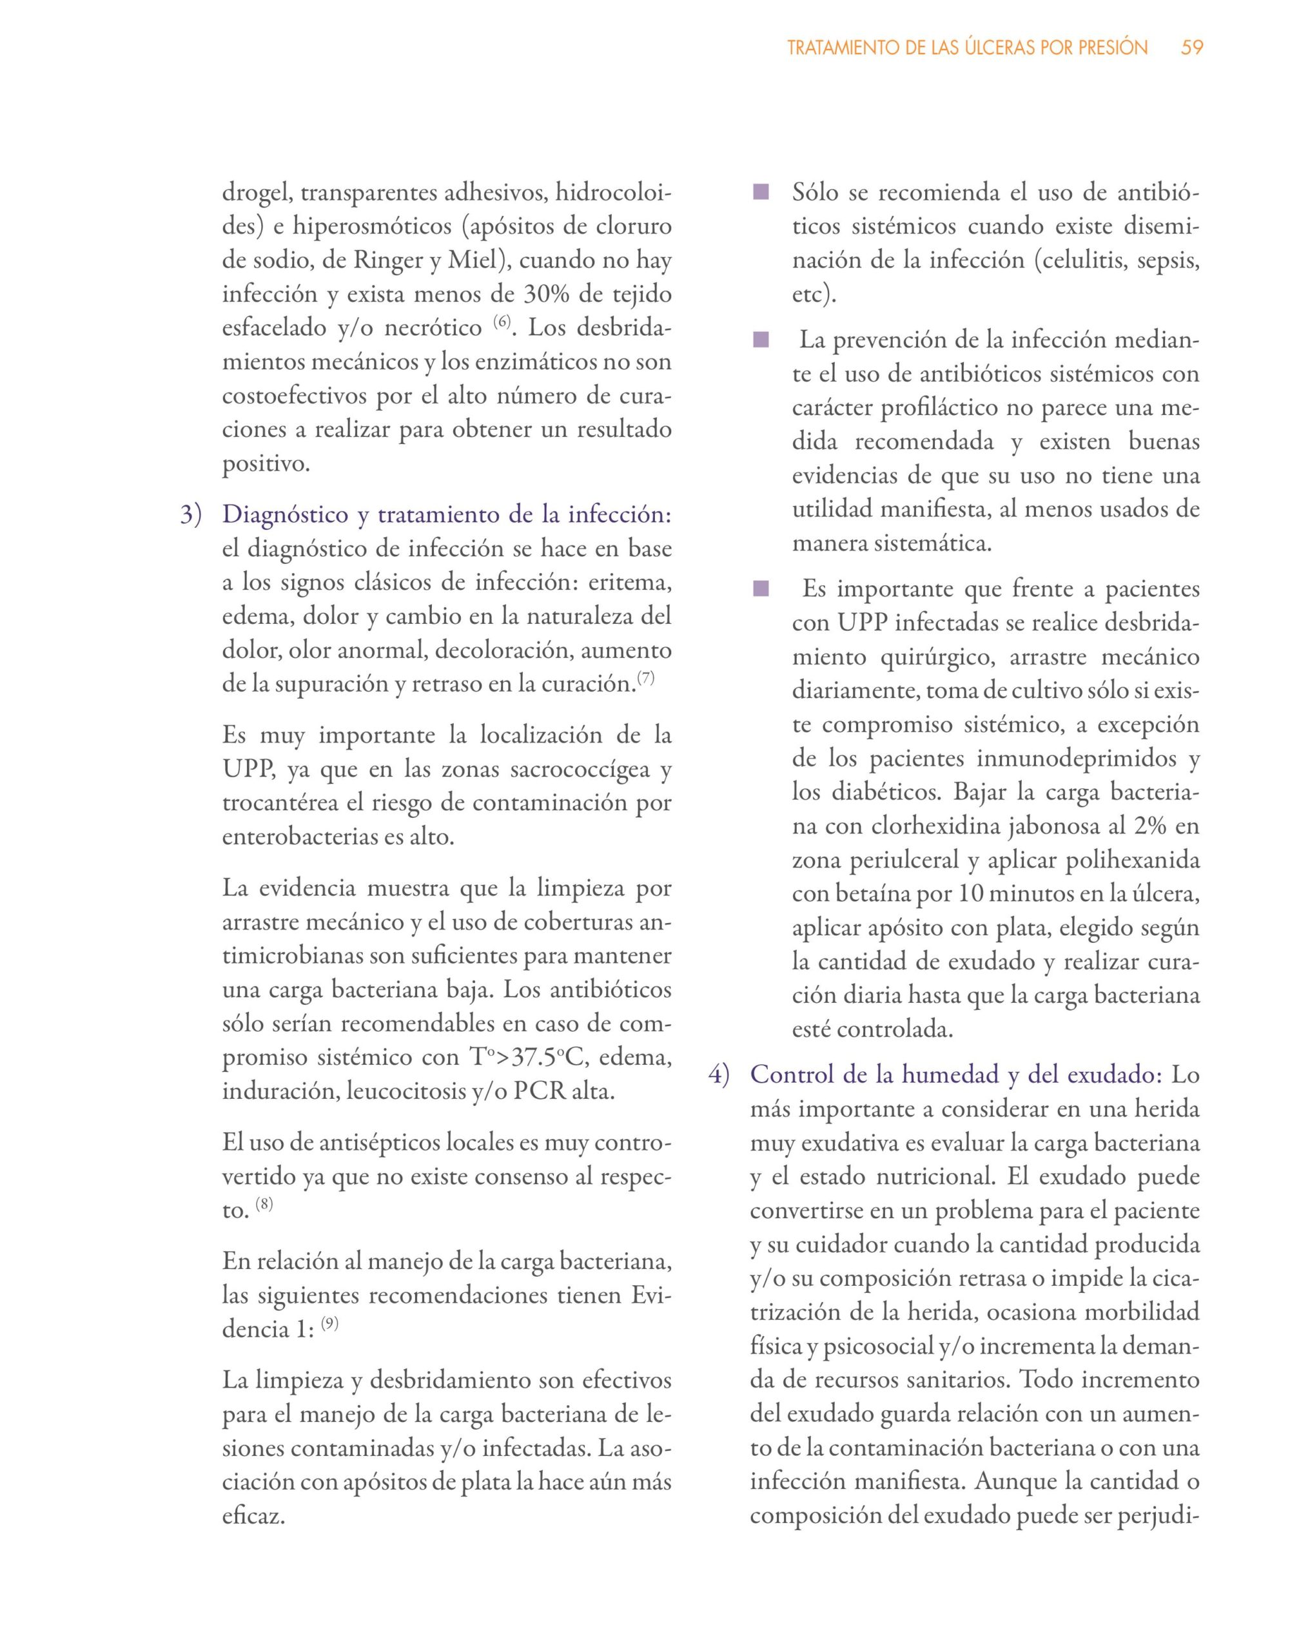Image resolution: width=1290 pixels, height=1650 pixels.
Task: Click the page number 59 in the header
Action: coord(1192,48)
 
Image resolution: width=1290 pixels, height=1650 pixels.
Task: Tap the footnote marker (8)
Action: coord(264,1203)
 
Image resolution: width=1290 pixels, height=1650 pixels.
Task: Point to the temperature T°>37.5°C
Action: coord(527,1058)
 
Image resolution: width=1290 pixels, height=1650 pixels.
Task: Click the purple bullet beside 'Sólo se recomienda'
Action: coord(760,193)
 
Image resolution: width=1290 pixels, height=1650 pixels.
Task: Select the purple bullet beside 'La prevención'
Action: coord(760,341)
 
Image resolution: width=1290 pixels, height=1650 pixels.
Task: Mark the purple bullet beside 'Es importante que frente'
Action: coord(760,588)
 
